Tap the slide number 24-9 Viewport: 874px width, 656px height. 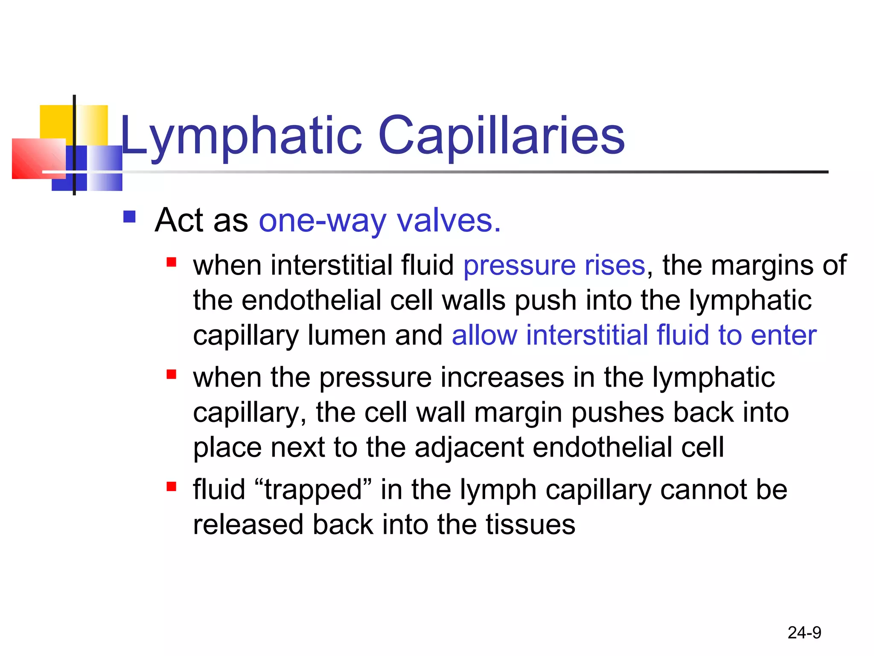pos(804,633)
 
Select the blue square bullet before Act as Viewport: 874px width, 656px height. pos(129,217)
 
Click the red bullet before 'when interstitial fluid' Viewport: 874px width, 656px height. pos(172,262)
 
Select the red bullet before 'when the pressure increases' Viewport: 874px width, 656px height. pos(172,375)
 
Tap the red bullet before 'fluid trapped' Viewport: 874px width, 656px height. pos(172,486)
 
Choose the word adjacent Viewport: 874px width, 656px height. pos(469,448)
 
